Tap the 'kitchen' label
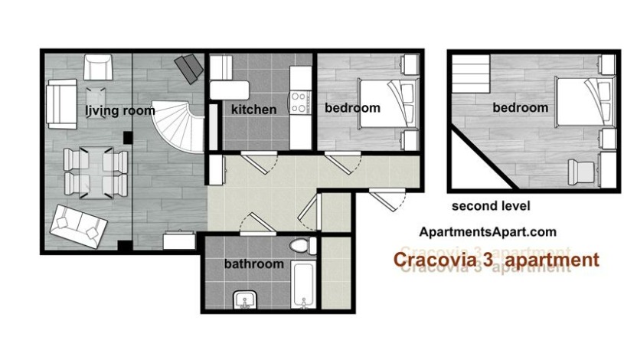coord(253,110)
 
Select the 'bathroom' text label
coord(253,264)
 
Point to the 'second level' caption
coord(491,206)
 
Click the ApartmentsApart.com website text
coord(488,232)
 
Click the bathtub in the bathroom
coord(303,285)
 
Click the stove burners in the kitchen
coord(299,102)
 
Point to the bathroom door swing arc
coord(256,224)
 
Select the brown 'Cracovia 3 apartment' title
coord(495,261)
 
